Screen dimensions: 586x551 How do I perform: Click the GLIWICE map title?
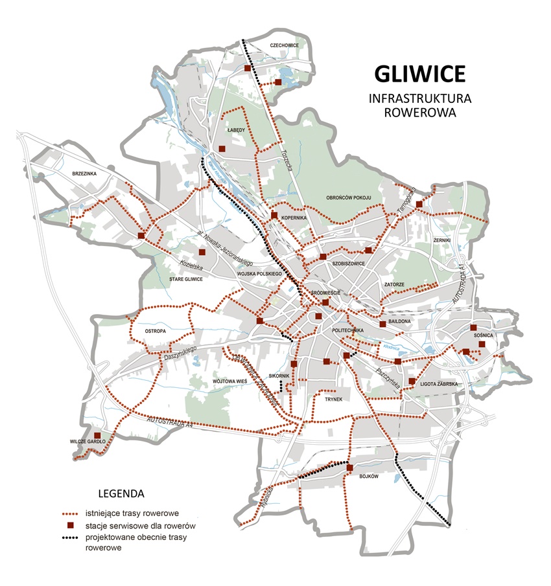[x=419, y=73]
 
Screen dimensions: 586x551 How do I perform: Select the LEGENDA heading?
[x=121, y=493]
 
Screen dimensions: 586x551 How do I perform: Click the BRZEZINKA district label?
[x=84, y=174]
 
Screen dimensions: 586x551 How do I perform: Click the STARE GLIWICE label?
[x=186, y=279]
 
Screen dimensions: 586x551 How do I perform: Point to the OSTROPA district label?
[x=156, y=331]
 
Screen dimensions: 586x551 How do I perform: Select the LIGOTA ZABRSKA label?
[x=440, y=384]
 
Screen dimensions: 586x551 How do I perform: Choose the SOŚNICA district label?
[x=483, y=335]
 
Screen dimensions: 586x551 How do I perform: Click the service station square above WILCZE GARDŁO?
[x=97, y=435]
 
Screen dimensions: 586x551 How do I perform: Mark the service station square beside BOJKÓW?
[x=349, y=468]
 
